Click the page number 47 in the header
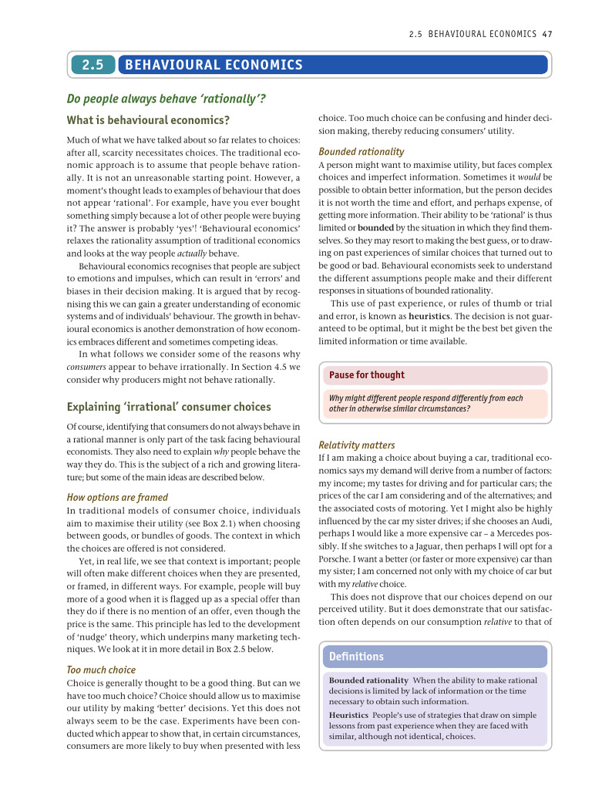point(548,34)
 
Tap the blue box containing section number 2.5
point(92,65)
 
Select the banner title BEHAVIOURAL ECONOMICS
point(214,65)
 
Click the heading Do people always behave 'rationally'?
point(166,99)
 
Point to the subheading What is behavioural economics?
point(148,120)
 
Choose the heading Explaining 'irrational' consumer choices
point(169,406)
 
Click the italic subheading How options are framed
point(117,497)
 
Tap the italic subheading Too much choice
point(101,670)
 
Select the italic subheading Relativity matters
point(356,445)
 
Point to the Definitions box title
point(356,656)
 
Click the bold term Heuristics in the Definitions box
point(350,715)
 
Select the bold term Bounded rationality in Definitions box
point(368,680)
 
